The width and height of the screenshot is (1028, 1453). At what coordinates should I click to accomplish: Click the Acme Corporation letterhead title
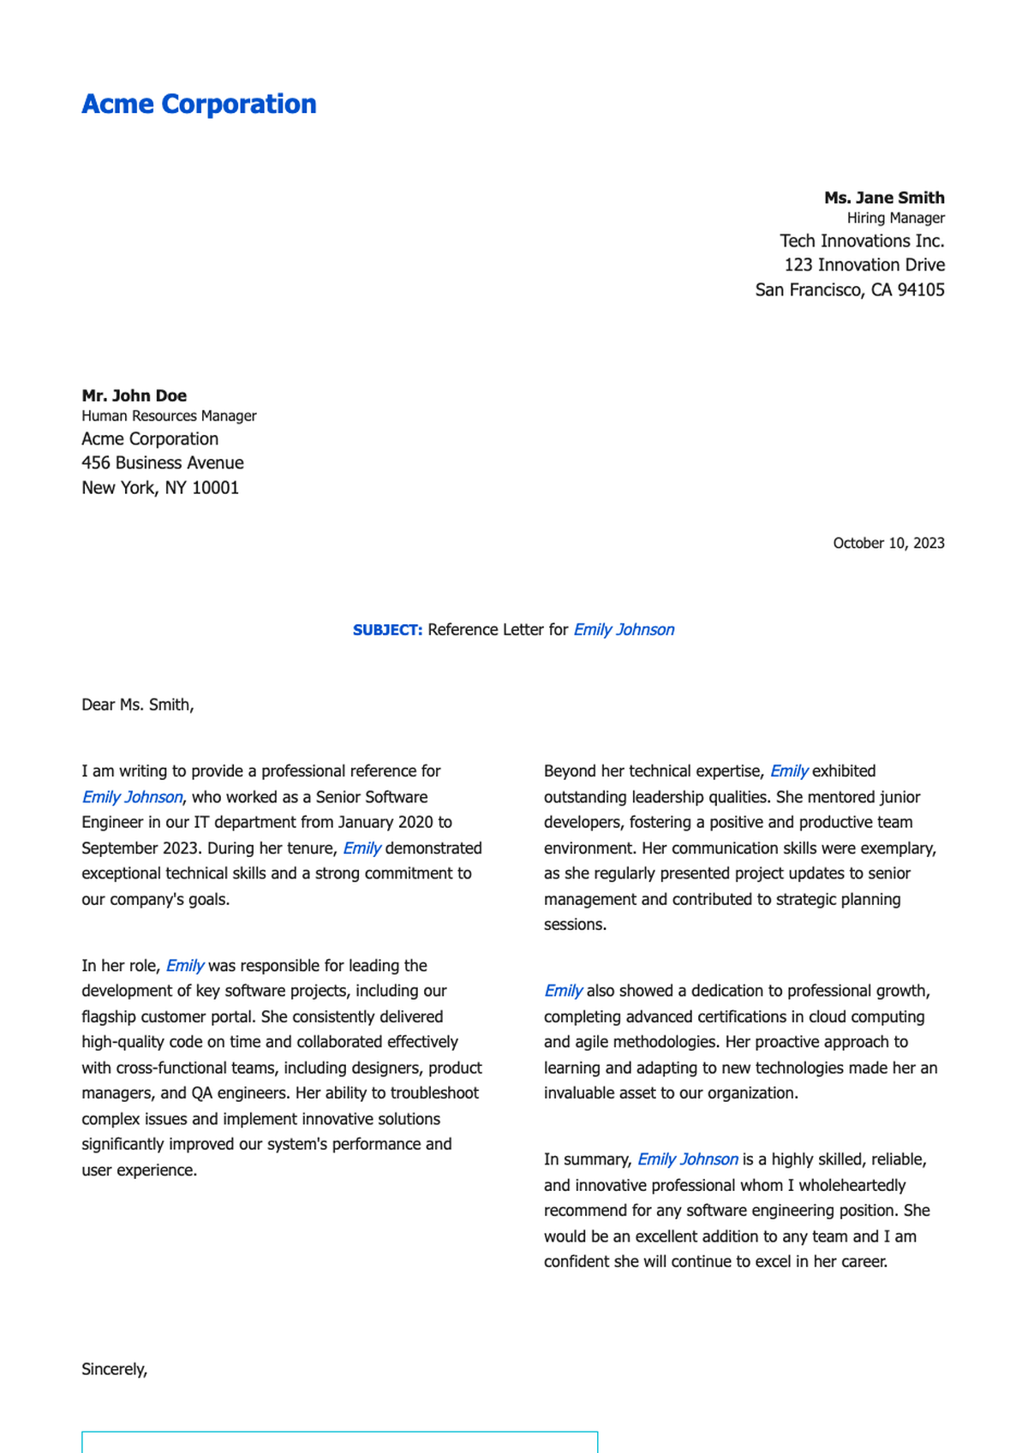[x=199, y=104]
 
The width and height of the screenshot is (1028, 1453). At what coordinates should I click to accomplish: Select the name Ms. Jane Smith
[x=884, y=198]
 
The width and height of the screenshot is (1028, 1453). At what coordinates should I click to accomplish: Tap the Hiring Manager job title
[x=895, y=218]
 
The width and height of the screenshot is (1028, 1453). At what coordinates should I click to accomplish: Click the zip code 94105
[x=920, y=290]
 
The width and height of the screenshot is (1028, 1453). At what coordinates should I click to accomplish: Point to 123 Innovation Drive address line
[x=864, y=265]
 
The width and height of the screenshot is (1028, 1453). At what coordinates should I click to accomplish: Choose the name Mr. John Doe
[x=134, y=396]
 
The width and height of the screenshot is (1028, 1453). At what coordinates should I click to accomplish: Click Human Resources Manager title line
[x=169, y=416]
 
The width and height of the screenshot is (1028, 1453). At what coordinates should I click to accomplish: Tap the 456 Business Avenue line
[x=162, y=463]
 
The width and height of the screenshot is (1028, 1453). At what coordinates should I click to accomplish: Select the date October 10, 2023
[x=888, y=543]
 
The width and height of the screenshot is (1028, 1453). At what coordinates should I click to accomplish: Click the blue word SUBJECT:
[x=387, y=630]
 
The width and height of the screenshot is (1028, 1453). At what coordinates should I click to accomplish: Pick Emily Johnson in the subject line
[x=624, y=630]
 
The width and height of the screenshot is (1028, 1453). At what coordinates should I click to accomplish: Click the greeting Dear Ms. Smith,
[x=137, y=705]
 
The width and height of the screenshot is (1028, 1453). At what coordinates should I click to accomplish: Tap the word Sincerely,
[x=114, y=1369]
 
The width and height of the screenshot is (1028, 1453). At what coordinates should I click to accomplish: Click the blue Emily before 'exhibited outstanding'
[x=788, y=771]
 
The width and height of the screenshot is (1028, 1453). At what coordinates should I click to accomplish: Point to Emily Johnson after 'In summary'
[x=687, y=1159]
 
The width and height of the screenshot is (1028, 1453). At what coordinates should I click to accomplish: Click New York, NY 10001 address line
[x=159, y=488]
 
